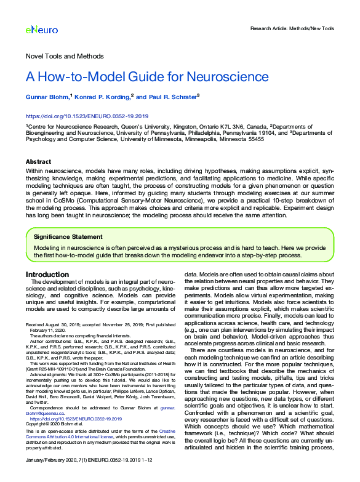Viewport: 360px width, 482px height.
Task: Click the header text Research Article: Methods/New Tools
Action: coord(292,29)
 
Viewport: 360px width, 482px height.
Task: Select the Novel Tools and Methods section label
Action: coord(64,56)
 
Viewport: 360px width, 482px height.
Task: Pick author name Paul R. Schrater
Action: coord(174,97)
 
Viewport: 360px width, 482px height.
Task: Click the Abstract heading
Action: coord(38,161)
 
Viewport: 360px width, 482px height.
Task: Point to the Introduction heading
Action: coord(47,274)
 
